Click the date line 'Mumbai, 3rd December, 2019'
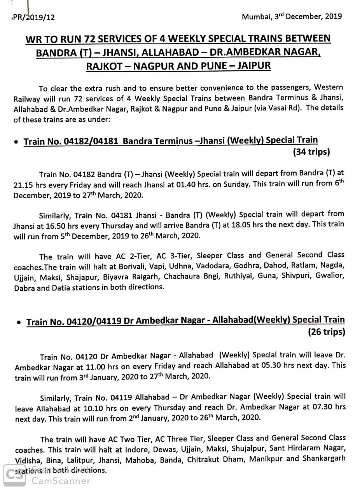[292, 16]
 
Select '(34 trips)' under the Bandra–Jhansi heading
[311, 152]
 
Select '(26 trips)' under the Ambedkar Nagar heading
[326, 332]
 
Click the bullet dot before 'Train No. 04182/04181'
[15, 142]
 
